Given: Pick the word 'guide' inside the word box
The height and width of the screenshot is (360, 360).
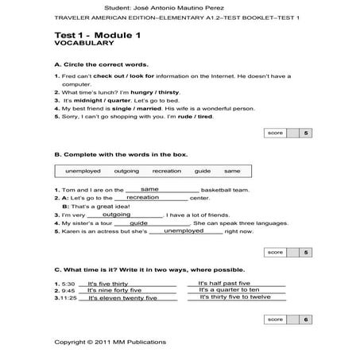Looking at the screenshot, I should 203,172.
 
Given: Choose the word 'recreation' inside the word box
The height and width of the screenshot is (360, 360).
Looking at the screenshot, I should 167,172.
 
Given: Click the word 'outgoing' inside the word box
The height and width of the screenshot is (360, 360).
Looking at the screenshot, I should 126,172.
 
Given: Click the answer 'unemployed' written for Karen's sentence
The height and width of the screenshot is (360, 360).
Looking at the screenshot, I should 183,230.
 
